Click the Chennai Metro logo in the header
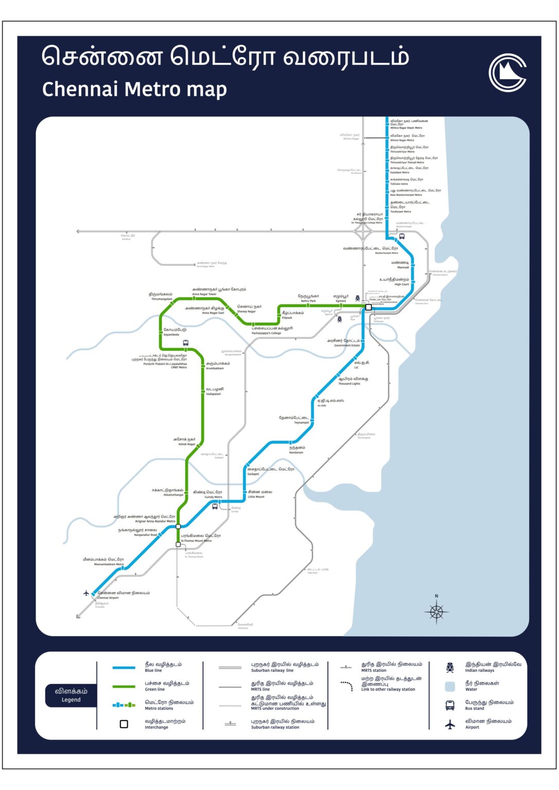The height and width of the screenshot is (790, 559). tap(507, 73)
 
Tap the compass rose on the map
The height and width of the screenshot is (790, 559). tap(436, 612)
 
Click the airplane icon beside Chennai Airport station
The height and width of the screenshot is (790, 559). tap(86, 593)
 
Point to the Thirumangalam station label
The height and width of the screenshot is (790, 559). tap(161, 296)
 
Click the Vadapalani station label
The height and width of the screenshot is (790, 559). tap(214, 391)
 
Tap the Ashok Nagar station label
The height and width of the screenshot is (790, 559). tap(185, 441)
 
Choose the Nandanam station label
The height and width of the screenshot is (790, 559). tap(296, 450)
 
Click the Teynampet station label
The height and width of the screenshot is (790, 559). tap(295, 420)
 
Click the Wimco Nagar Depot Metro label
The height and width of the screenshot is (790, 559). tap(408, 124)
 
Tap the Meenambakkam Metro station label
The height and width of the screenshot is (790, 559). tap(104, 561)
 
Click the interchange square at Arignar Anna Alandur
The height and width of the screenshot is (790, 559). tap(179, 526)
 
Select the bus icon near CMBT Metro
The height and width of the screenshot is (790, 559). tap(186, 343)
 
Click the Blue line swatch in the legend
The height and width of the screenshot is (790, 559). tap(124, 668)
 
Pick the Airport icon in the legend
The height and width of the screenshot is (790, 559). tap(450, 725)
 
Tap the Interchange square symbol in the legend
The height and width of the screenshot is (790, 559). tap(124, 724)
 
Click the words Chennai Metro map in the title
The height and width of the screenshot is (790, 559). tap(134, 89)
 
